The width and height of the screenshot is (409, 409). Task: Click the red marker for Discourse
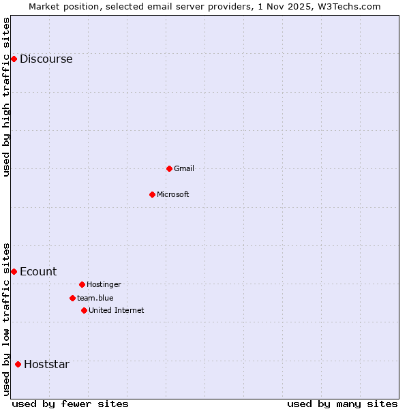coord(14,59)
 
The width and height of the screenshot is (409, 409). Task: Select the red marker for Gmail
coord(169,168)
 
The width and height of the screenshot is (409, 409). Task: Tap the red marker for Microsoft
coord(152,194)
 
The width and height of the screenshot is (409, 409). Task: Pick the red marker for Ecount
coord(14,271)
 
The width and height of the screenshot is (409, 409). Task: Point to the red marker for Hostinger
coord(82,284)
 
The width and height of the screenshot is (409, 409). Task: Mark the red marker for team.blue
coord(72,298)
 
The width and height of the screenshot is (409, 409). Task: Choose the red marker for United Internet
coord(84,310)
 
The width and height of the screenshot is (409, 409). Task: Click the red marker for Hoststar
coord(18,364)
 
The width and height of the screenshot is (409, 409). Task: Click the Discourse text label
coord(46,59)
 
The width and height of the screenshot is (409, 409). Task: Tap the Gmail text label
coord(184,168)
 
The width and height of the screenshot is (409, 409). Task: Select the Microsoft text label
coord(172,194)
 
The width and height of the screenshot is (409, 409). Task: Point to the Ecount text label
coord(38,271)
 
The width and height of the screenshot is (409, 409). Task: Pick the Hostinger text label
coord(104,284)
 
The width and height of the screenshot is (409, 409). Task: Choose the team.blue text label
coord(95,298)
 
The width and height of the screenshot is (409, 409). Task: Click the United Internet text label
coord(117,310)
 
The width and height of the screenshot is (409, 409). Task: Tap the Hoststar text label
coord(46,364)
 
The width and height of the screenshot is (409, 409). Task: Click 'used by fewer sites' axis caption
coord(70,404)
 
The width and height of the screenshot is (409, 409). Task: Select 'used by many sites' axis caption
coord(342,404)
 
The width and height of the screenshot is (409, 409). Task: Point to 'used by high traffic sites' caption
coord(6,97)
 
